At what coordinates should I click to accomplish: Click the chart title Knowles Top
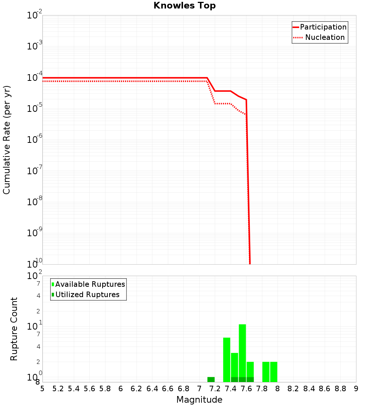point(184,6)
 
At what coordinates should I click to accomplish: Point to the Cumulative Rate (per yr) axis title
point(7,140)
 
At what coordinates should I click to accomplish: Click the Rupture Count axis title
point(14,329)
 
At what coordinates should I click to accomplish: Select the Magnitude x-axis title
point(199,400)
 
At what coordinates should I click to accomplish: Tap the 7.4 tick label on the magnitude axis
point(231,389)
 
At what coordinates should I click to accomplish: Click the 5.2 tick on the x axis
point(58,389)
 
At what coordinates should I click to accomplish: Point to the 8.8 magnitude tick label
point(340,389)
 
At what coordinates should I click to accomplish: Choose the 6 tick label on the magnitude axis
point(121,389)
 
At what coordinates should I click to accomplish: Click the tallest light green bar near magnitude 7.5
point(242,351)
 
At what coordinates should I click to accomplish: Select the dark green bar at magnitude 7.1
point(211,379)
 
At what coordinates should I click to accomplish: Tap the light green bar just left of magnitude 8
point(274,372)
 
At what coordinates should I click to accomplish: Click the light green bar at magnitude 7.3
point(227,360)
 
